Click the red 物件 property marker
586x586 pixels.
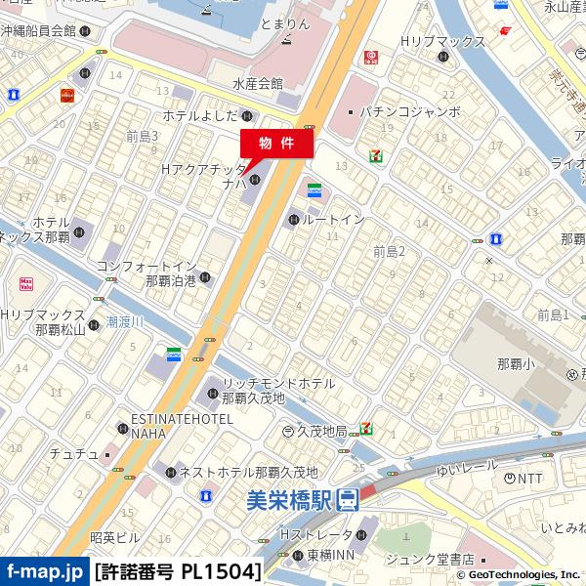[276, 143]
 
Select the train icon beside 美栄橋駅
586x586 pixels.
[348, 501]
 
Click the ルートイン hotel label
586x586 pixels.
[334, 220]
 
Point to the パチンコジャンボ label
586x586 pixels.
[409, 111]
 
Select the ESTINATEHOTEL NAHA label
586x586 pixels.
[182, 425]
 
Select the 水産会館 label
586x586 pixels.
[258, 85]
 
